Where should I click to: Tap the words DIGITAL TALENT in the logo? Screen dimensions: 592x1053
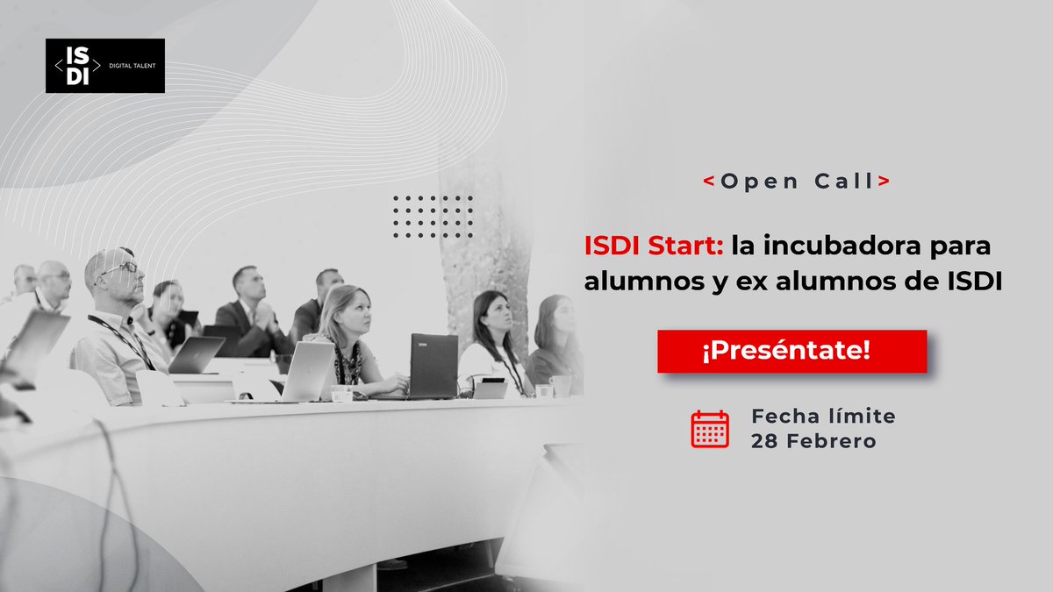click(133, 66)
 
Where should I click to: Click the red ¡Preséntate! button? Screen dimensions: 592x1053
click(792, 351)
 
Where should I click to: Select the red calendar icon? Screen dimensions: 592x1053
click(710, 429)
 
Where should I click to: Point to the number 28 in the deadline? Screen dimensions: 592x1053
click(763, 441)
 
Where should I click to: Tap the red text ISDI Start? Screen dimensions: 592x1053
click(654, 246)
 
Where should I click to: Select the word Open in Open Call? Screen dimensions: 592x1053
click(760, 182)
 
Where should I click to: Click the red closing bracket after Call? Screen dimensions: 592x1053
click(884, 182)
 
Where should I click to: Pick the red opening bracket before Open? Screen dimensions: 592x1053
click(708, 182)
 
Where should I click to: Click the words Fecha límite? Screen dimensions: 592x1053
click(823, 416)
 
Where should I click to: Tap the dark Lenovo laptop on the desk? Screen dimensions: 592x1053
click(433, 365)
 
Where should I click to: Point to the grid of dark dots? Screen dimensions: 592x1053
click(433, 217)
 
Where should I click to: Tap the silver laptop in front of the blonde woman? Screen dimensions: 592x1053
click(307, 370)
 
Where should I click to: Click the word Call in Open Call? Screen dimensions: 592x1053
click(842, 182)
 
